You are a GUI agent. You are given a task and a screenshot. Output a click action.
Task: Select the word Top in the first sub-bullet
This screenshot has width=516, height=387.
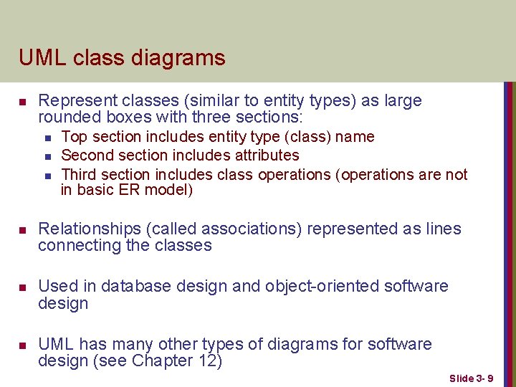point(72,136)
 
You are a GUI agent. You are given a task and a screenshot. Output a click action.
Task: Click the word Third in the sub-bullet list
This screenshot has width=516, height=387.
point(80,174)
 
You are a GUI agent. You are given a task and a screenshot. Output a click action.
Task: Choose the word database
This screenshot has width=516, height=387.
point(135,286)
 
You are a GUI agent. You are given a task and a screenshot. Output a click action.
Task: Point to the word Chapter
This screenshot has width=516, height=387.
point(163,360)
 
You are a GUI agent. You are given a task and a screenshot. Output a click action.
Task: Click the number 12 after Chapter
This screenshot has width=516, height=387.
point(205,360)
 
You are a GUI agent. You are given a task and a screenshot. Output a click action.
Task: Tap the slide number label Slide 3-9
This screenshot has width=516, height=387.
point(472,378)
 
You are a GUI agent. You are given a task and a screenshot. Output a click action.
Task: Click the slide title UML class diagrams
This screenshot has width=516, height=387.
point(122,57)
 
